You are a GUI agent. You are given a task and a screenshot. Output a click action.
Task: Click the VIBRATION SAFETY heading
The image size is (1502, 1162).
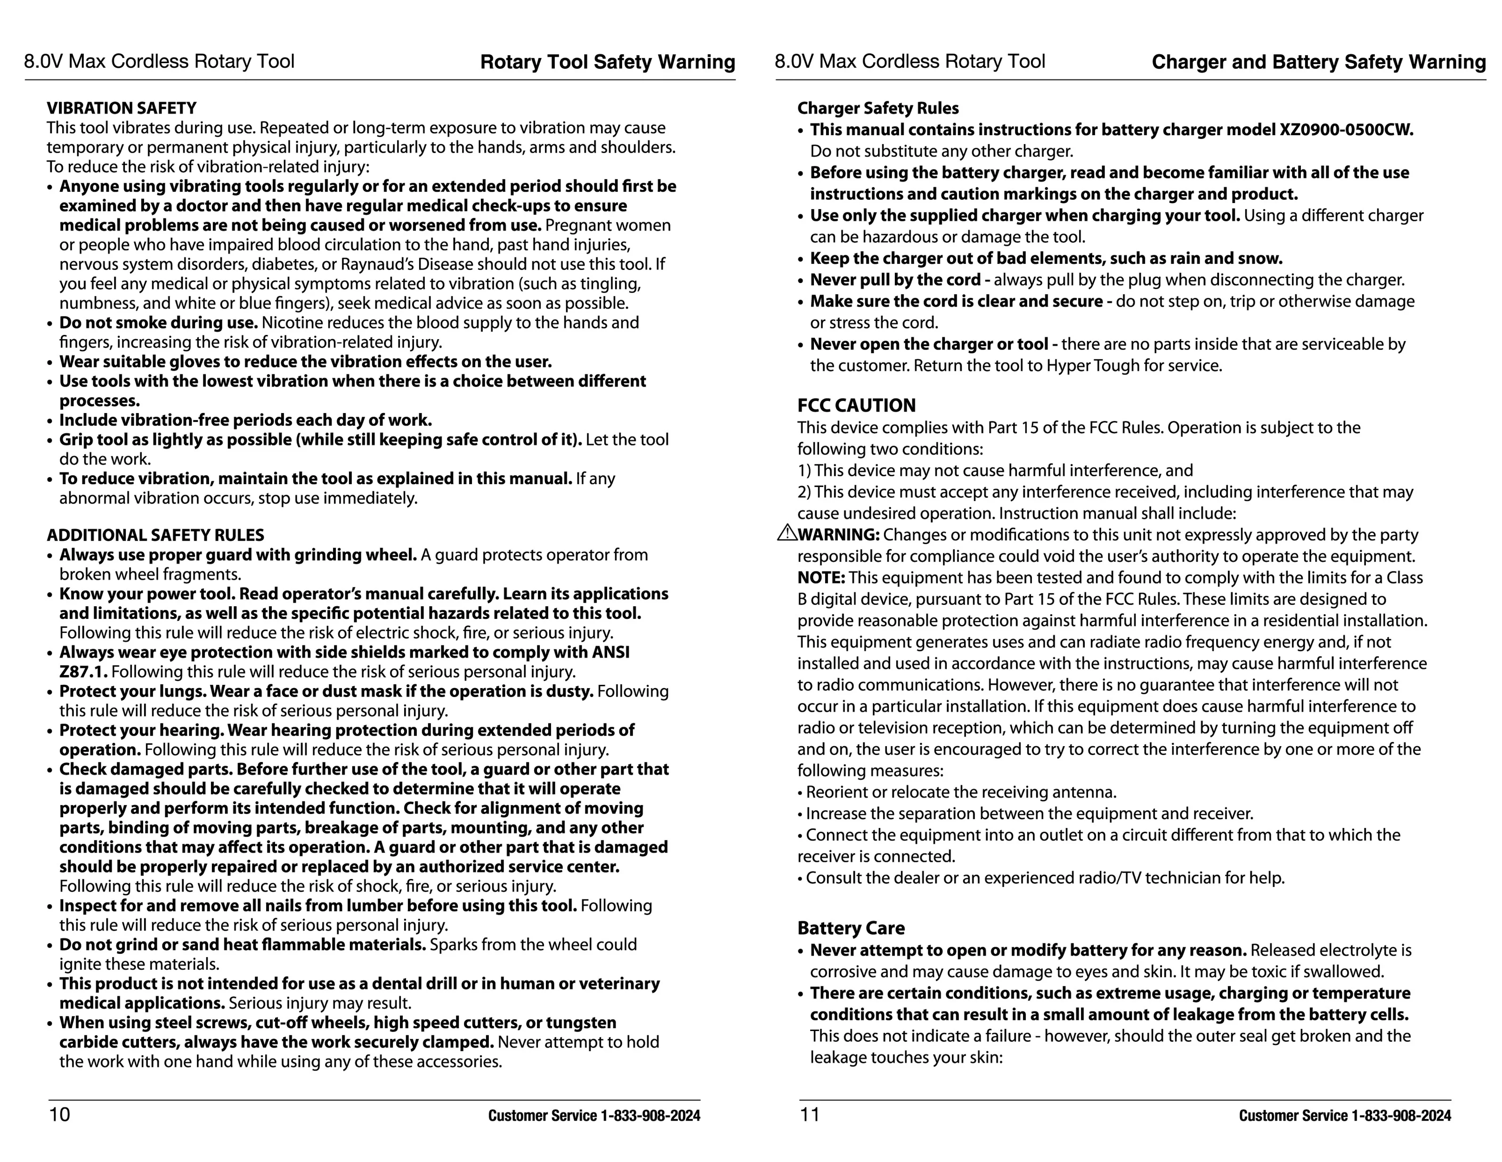[121, 108]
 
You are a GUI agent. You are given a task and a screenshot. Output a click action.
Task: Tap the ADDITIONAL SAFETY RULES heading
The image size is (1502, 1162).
[155, 535]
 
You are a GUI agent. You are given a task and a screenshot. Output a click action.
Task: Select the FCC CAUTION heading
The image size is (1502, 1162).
[856, 405]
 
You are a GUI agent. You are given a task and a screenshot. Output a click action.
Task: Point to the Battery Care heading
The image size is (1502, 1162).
[851, 928]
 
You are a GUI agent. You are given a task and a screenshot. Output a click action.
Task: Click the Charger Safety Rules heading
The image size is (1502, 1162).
[877, 108]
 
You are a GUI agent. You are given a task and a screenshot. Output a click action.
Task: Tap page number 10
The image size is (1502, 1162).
[59, 1114]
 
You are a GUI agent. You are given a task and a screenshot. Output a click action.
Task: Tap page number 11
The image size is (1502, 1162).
[810, 1114]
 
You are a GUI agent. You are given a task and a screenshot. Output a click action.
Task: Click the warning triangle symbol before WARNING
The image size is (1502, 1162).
[786, 532]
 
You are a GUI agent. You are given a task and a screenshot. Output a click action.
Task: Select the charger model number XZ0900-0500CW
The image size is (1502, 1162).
[1346, 130]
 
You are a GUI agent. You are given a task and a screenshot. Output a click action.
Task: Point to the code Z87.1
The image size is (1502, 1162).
[83, 672]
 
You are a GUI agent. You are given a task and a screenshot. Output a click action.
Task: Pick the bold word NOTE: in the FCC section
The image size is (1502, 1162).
[821, 577]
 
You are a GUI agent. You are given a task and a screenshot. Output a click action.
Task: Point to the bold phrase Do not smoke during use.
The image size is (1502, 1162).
[158, 323]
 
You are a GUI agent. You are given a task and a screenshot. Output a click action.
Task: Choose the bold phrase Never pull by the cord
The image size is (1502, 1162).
[895, 280]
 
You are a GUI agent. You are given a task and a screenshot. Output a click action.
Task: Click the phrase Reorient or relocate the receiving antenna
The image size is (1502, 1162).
[961, 792]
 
